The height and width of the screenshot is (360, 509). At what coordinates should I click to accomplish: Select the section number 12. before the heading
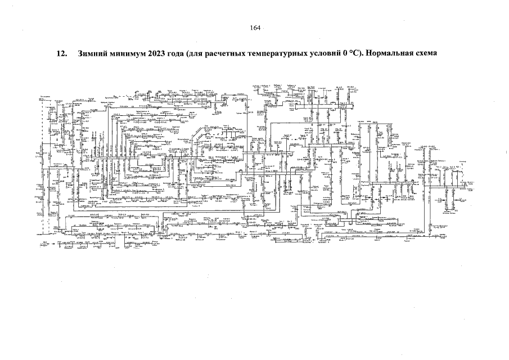[62, 55]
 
